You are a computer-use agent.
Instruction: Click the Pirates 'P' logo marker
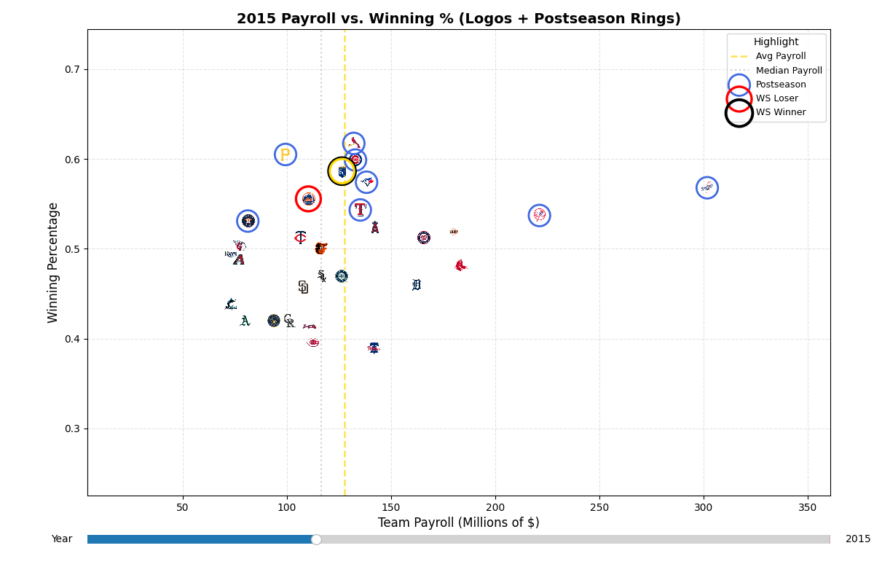click(286, 154)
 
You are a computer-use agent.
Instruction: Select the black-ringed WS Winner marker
click(342, 171)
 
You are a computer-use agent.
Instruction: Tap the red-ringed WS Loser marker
click(308, 199)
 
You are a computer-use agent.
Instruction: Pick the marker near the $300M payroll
click(706, 187)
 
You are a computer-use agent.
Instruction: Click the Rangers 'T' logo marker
click(360, 210)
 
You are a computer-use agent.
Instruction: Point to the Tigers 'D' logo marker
click(417, 285)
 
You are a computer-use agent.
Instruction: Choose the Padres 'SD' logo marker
click(303, 287)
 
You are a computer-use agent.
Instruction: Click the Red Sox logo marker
click(460, 265)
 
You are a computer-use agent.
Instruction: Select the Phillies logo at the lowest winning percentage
click(374, 348)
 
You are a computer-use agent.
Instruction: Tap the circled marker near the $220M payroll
click(539, 215)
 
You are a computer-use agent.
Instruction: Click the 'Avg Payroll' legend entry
click(780, 56)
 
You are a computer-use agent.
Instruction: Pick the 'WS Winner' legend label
click(780, 112)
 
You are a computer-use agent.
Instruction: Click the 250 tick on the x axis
click(599, 507)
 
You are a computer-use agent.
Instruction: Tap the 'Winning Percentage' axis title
click(53, 262)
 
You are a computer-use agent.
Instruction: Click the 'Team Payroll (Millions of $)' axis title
click(458, 523)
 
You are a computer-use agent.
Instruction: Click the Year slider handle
click(316, 539)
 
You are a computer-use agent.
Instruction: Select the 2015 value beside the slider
click(857, 539)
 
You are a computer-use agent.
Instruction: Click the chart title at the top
click(458, 19)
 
